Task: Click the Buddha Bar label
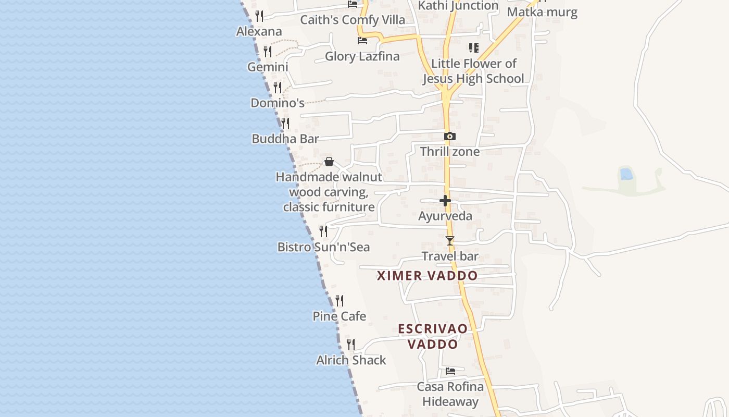285,139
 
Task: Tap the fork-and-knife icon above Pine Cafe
340,301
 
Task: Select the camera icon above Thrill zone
450,137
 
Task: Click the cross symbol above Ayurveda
445,201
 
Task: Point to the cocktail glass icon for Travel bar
450,241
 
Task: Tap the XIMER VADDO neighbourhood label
427,276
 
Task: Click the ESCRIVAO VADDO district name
433,337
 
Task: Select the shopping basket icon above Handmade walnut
329,162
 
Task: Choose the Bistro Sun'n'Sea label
323,247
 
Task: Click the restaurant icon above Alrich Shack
351,345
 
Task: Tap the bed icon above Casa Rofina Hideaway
450,371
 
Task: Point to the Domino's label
278,103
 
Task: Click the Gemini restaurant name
268,67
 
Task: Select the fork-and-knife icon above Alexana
259,16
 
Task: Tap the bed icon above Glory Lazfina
362,41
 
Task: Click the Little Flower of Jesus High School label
473,71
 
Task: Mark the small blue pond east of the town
626,174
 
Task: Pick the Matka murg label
542,12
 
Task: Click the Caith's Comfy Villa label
353,20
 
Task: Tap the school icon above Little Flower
474,48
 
